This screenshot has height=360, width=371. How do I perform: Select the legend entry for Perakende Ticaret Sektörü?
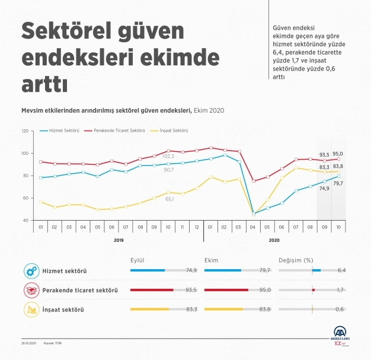[x=117, y=130]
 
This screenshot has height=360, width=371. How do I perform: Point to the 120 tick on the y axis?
[x=24, y=130]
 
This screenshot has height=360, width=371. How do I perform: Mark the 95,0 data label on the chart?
[x=338, y=154]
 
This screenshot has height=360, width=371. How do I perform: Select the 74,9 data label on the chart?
[x=324, y=188]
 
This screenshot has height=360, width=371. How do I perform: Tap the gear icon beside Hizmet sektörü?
[x=31, y=271]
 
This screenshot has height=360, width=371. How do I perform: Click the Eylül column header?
[x=137, y=259]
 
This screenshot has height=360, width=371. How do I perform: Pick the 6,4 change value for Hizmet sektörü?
[x=341, y=270]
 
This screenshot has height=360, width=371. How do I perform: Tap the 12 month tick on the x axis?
[x=196, y=227]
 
